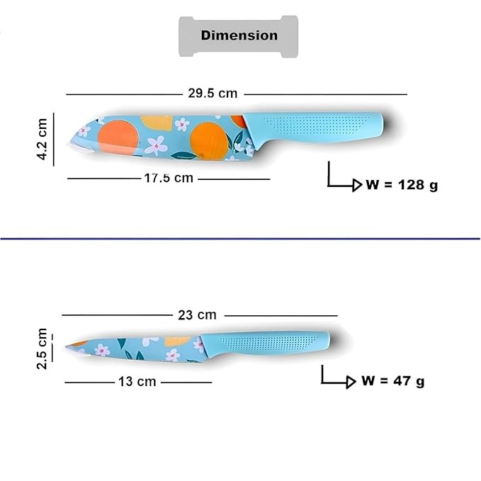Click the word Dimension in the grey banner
239,35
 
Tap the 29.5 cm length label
213,94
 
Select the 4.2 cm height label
42,139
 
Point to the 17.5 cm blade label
169,178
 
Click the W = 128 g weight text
402,185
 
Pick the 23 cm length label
197,315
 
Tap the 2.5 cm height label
42,349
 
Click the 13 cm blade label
137,382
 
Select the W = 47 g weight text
393,381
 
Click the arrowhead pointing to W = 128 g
357,186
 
